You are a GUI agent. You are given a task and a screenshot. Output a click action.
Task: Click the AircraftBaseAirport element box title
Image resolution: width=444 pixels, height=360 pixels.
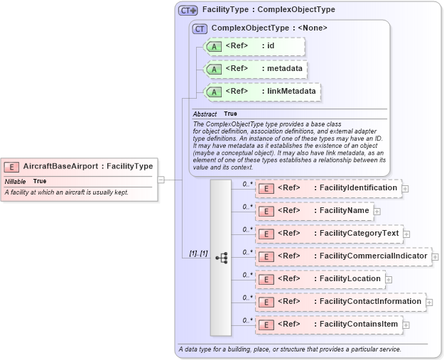(x=87, y=166)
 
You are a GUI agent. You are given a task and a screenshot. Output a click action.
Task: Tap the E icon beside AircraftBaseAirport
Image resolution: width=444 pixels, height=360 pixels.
(x=11, y=167)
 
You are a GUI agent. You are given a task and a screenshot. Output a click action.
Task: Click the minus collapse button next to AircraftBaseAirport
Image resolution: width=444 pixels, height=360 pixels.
(x=161, y=180)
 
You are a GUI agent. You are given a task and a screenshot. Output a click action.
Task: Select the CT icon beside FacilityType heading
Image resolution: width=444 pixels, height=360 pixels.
(x=188, y=10)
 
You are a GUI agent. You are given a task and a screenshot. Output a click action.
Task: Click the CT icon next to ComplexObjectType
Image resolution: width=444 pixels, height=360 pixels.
(x=200, y=28)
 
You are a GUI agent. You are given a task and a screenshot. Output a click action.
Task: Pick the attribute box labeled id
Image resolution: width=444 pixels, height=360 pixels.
(x=254, y=46)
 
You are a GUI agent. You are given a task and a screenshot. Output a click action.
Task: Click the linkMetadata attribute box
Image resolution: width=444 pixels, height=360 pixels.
(x=261, y=91)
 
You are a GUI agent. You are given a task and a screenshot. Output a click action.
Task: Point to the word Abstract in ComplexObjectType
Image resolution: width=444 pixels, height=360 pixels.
(x=205, y=114)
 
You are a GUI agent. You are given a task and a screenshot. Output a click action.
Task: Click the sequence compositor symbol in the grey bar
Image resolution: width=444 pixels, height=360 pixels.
(x=221, y=258)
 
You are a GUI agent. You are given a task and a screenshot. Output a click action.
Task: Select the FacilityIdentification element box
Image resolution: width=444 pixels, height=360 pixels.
(x=328, y=188)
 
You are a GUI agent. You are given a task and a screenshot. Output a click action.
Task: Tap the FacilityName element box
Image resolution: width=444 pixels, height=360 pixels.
(x=314, y=211)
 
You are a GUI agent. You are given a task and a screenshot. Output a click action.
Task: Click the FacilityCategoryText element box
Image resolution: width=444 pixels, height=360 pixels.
(x=328, y=234)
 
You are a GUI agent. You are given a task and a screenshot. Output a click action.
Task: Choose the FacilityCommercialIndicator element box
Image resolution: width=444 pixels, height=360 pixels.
(x=343, y=256)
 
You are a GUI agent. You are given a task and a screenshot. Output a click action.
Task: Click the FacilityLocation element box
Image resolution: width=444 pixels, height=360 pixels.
(x=320, y=279)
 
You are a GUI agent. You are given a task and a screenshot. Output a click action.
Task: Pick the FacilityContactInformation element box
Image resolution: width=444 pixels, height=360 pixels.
(x=340, y=302)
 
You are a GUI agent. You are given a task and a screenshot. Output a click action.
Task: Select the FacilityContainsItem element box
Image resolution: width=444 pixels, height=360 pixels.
(x=328, y=324)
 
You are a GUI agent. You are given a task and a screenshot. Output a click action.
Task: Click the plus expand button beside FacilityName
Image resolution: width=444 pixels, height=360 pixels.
(x=377, y=211)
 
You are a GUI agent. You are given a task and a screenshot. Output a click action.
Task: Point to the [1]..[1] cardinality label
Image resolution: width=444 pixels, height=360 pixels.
(x=198, y=253)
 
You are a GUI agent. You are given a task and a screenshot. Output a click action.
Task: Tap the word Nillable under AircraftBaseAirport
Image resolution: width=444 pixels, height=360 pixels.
(x=15, y=182)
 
